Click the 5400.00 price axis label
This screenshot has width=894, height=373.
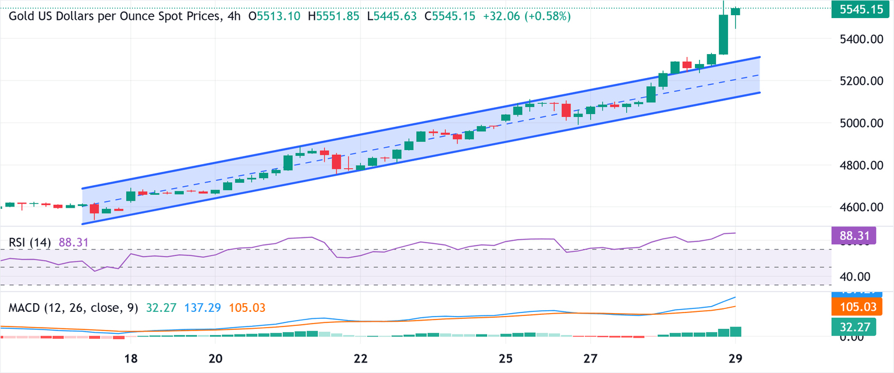coord(858,39)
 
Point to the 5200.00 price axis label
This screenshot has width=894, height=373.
coord(858,81)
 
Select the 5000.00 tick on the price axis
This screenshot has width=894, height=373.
coord(858,123)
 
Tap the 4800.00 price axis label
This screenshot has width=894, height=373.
coord(858,165)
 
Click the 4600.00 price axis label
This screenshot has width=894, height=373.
coord(858,207)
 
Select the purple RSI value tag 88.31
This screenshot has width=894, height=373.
coord(858,236)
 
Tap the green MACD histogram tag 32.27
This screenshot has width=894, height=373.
coord(858,328)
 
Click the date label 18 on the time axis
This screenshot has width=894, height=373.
coord(130,358)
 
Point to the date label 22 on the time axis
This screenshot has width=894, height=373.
coord(361,358)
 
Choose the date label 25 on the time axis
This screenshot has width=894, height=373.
coord(506,358)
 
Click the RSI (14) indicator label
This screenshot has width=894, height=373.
coord(30,242)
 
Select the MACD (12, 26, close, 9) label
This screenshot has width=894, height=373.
coord(73,307)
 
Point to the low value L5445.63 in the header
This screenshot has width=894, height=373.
coord(392,16)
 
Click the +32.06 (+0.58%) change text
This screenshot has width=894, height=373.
coord(527,16)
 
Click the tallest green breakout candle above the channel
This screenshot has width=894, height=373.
coord(723,34)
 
